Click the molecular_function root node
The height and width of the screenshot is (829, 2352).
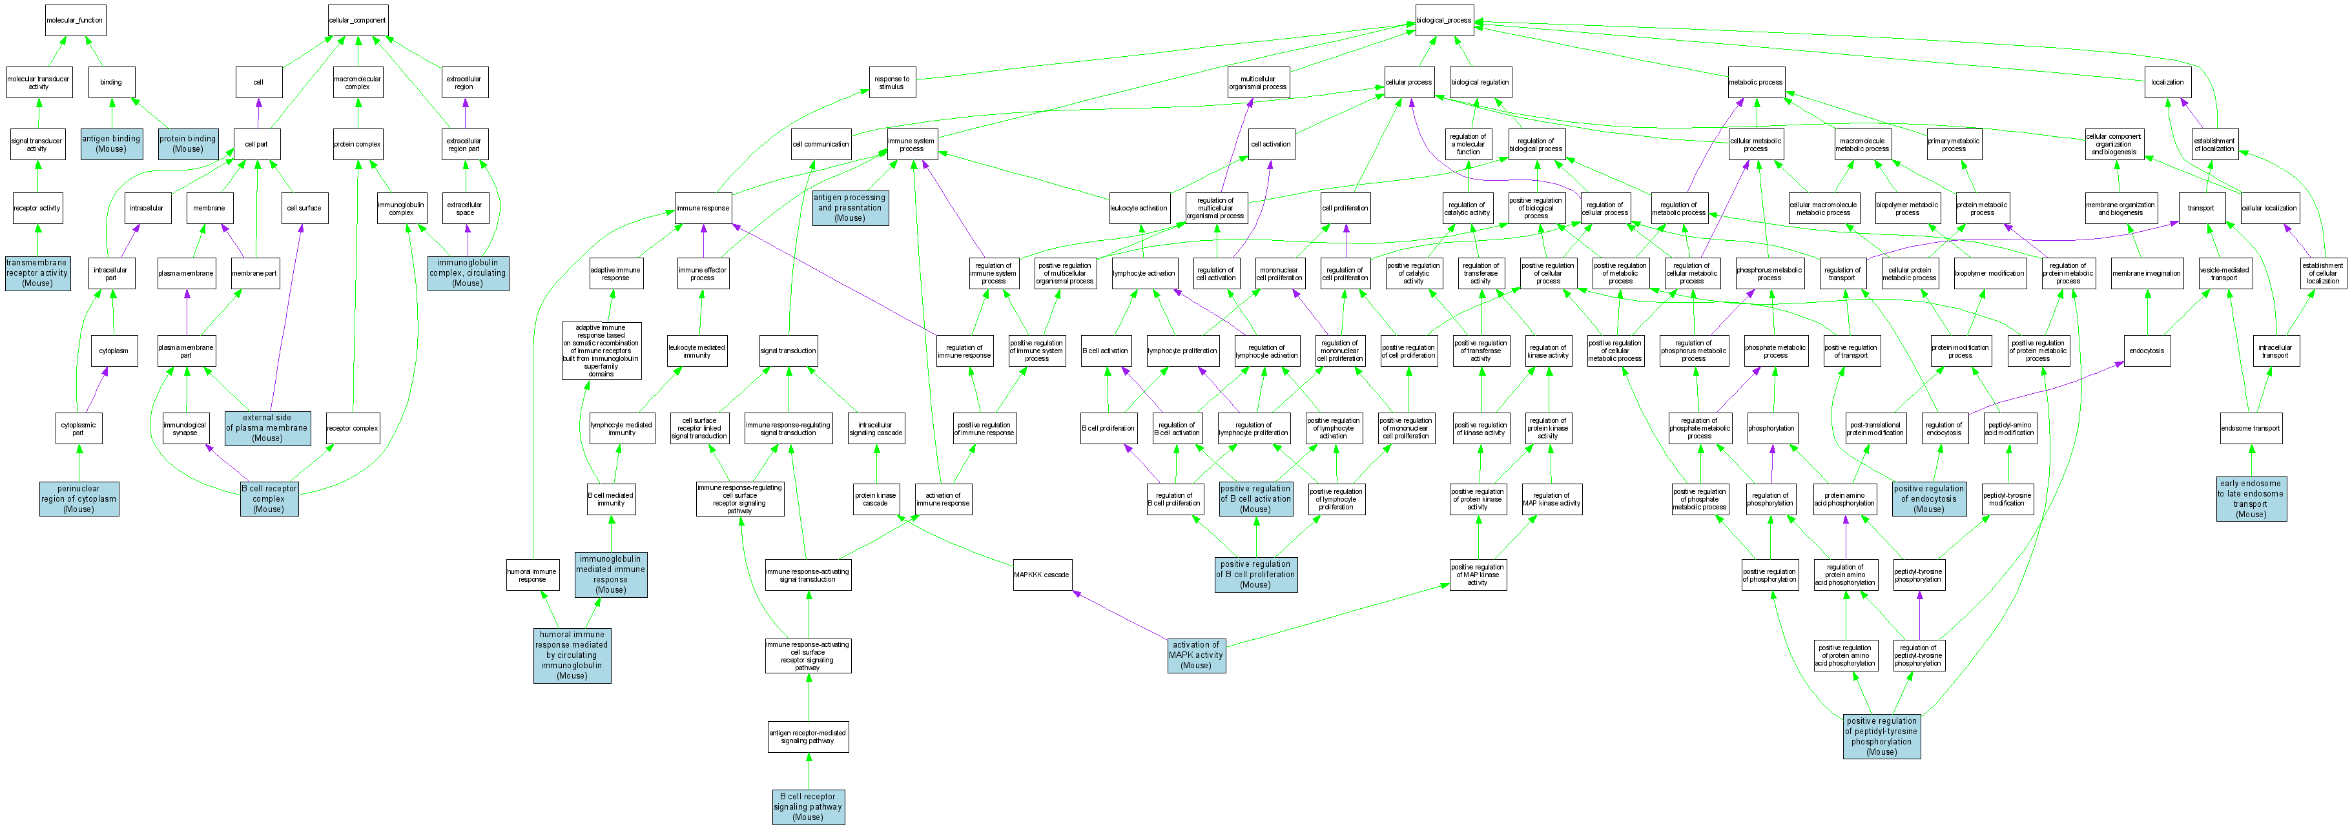75,20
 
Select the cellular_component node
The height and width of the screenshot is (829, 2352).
358,20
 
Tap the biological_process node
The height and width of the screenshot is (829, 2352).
1443,20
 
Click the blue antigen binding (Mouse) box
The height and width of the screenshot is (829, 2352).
111,143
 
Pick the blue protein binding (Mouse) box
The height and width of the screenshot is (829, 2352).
188,143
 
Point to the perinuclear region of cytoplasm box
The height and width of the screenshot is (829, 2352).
79,498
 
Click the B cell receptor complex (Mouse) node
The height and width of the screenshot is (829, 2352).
269,498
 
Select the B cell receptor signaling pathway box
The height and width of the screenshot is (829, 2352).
807,806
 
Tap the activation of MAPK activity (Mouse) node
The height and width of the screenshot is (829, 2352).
1195,655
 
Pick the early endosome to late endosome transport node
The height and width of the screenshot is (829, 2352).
2251,498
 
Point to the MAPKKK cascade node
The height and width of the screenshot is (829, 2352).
1042,574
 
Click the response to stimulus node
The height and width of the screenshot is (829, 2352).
891,82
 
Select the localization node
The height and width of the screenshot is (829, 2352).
2167,82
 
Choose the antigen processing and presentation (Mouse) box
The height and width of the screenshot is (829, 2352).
849,207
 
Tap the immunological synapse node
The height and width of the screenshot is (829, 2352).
185,428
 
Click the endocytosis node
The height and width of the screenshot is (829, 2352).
2147,351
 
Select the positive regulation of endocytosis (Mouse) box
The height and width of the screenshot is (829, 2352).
1928,498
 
